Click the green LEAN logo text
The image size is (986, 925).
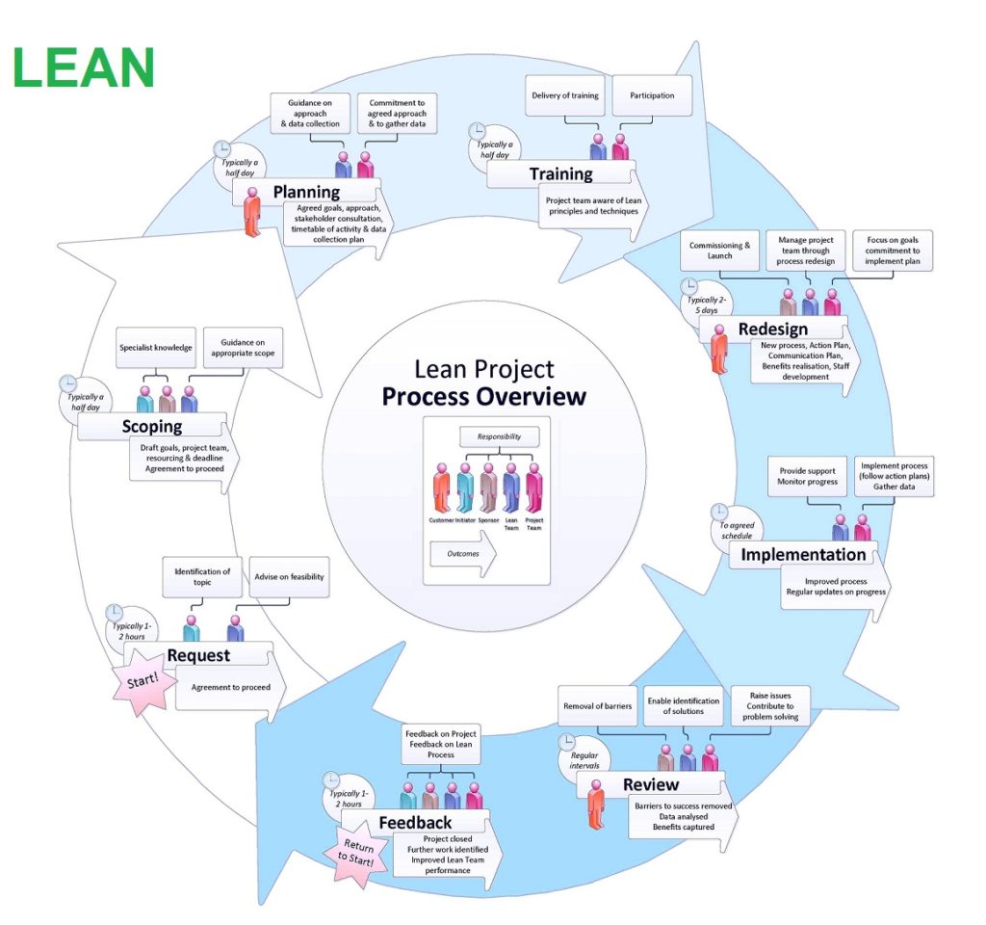(84, 66)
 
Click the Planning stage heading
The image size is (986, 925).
(306, 192)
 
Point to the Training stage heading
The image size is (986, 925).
(560, 173)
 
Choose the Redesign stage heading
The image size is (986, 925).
(771, 329)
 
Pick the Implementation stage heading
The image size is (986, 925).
(803, 554)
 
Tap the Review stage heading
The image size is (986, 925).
(650, 784)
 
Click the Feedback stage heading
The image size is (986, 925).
(415, 822)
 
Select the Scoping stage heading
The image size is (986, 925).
(152, 426)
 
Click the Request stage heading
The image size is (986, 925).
(198, 655)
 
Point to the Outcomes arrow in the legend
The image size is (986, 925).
(462, 555)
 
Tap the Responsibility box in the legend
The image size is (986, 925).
(499, 436)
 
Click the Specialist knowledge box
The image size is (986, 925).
(155, 347)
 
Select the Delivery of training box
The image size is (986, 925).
(565, 95)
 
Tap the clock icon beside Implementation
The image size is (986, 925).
(719, 512)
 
